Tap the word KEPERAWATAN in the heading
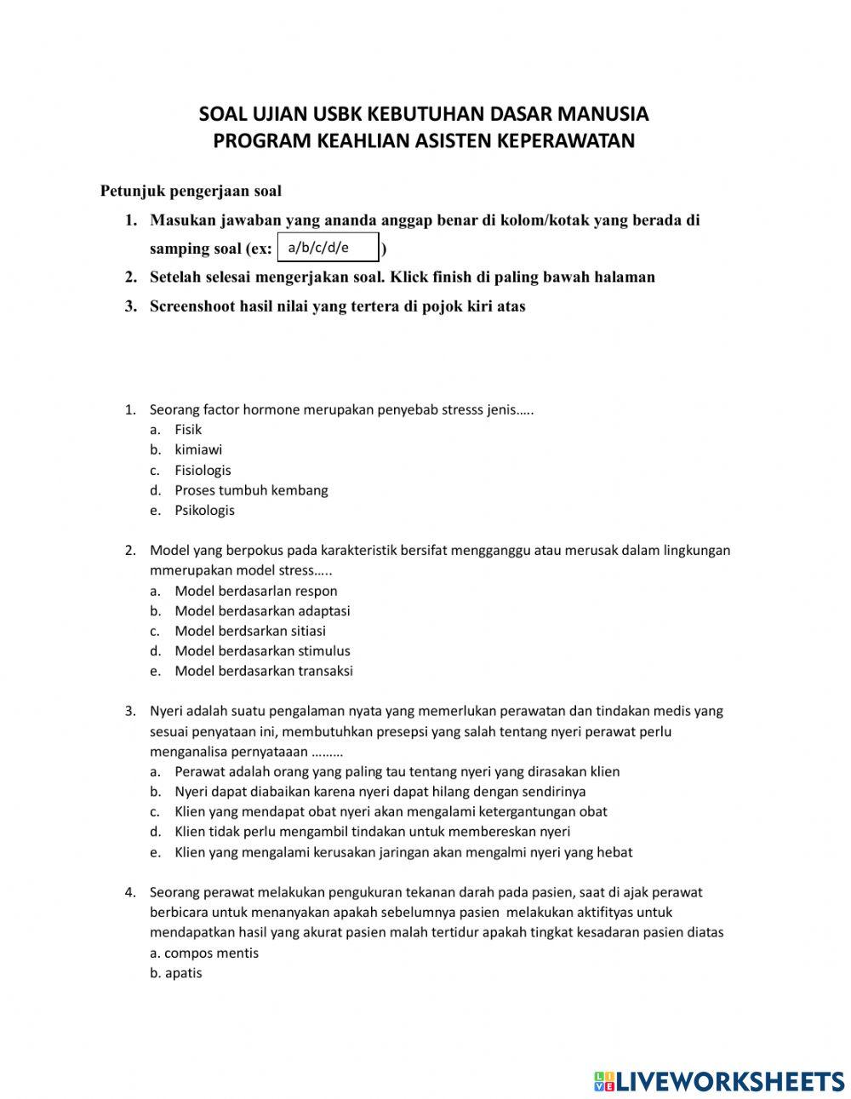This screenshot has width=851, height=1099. (569, 140)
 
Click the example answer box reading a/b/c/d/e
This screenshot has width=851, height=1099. (328, 248)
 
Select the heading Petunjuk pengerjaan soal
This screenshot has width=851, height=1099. (191, 190)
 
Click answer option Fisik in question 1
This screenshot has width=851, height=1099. (188, 430)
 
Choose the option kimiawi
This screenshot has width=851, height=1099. (198, 449)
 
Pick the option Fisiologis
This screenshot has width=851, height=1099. (203, 470)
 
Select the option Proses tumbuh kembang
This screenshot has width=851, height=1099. (251, 490)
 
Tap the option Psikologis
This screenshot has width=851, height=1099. (204, 511)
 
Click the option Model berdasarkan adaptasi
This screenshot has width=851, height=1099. (262, 611)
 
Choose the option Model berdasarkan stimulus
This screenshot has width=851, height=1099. (262, 651)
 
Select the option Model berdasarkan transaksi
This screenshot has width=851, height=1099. (264, 671)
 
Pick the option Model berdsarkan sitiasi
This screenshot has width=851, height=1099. (250, 631)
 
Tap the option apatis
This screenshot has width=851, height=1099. (183, 973)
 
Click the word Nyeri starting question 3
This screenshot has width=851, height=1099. (166, 711)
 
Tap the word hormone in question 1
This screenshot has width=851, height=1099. (272, 409)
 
